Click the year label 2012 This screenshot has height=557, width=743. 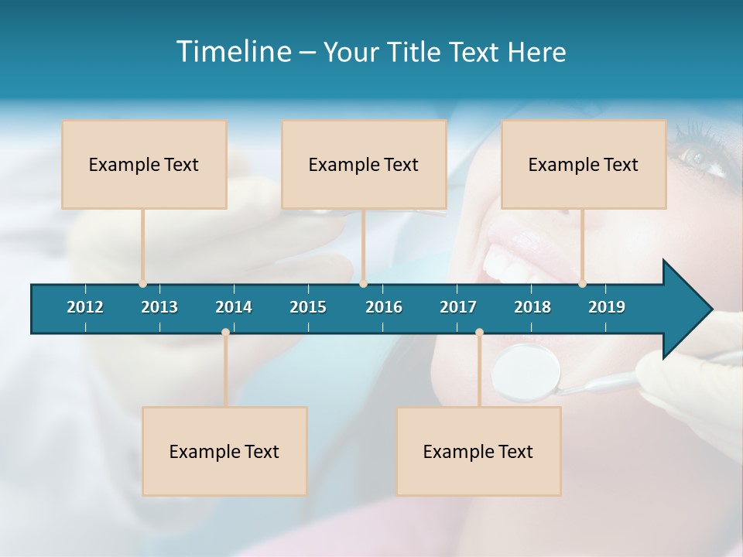point(85,307)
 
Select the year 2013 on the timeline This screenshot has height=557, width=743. point(159,307)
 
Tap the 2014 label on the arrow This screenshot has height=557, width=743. point(234,307)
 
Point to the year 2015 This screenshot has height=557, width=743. point(308,307)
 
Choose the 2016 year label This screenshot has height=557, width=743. point(384,307)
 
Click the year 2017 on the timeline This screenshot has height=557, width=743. point(458,307)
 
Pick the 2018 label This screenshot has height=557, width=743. point(532,307)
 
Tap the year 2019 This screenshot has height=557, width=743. point(607,307)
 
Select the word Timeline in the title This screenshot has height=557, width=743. point(233,52)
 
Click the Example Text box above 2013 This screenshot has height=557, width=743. point(144,164)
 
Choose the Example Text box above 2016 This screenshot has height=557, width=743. point(364,164)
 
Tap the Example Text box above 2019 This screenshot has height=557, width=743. point(584,164)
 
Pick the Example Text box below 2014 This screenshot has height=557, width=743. point(224,451)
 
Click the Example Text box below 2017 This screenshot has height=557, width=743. point(478,451)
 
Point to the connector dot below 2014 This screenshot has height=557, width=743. point(225,333)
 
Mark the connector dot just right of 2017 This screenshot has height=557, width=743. point(479,333)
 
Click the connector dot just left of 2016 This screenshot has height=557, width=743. point(363,283)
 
